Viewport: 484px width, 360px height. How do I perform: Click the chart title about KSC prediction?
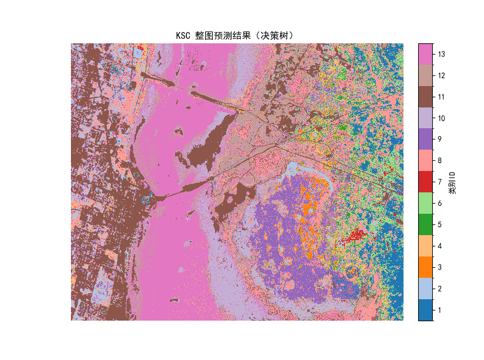click(237, 35)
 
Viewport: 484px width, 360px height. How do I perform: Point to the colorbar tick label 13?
click(442, 54)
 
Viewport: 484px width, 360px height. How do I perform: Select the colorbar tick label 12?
click(442, 75)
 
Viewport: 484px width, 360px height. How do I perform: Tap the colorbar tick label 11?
click(442, 97)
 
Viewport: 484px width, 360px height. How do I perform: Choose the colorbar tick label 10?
click(442, 118)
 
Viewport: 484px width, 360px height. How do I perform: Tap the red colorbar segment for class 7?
click(425, 182)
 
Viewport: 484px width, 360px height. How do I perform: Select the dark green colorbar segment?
click(425, 225)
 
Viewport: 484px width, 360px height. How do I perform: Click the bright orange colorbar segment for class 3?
click(425, 267)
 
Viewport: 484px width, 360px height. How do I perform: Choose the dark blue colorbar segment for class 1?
click(425, 310)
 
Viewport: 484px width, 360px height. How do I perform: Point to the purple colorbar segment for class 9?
click(425, 139)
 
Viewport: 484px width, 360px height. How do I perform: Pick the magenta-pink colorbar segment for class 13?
click(425, 54)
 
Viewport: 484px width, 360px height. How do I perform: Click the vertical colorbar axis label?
click(452, 182)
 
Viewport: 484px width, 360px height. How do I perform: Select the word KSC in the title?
click(183, 35)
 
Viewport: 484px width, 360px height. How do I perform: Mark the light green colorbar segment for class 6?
click(425, 204)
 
